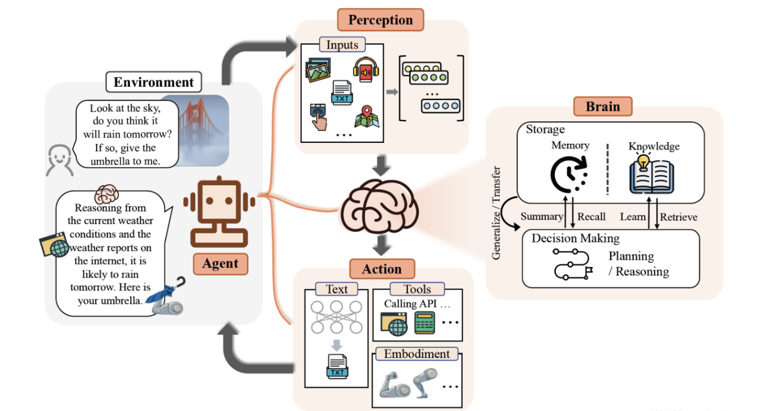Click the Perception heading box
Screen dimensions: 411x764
coord(380,20)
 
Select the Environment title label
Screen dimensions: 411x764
coord(153,82)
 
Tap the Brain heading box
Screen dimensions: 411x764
coord(603,106)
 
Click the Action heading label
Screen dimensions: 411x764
coord(382,269)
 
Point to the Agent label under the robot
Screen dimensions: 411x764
coord(220,264)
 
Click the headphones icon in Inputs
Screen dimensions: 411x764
coord(366,70)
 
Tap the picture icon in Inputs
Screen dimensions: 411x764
coord(318,70)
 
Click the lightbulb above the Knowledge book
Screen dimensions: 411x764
coord(643,161)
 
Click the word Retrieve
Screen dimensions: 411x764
coord(678,217)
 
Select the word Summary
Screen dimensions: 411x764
coord(541,217)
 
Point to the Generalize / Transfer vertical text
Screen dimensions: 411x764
coord(496,213)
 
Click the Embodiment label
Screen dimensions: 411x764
coord(417,354)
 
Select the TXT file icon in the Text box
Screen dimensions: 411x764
coord(337,366)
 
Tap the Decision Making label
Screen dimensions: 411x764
coord(575,238)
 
